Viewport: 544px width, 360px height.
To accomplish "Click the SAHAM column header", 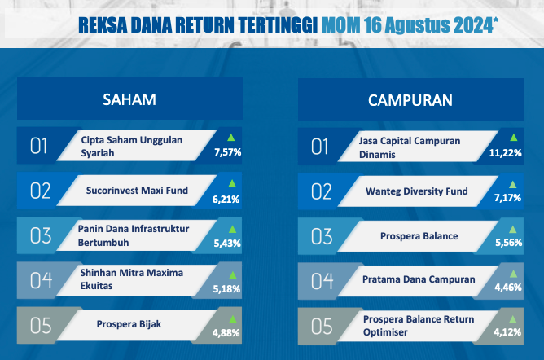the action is tap(129, 99).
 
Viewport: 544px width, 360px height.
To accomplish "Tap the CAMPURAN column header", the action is tap(410, 100).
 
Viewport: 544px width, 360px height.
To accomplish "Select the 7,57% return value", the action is tap(227, 152).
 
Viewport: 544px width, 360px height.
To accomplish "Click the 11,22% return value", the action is tap(505, 152).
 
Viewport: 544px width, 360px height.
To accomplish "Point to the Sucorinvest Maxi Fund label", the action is tap(137, 191).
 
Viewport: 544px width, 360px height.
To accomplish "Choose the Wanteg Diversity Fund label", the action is tap(417, 191).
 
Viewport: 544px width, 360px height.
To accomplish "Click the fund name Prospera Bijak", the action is tap(129, 324).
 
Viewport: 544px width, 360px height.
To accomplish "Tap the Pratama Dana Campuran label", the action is tap(419, 279).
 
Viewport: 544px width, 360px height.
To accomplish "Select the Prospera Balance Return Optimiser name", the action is tap(419, 325).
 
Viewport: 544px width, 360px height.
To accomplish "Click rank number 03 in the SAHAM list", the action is tap(41, 236).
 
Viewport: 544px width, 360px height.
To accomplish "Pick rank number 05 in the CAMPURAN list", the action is tap(322, 327).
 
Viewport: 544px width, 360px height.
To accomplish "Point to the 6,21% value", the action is tap(226, 199).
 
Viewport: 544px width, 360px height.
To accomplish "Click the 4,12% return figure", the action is tap(507, 332).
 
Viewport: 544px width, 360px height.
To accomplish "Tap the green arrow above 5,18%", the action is tap(233, 275).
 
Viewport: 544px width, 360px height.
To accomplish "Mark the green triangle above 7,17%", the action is tap(512, 184).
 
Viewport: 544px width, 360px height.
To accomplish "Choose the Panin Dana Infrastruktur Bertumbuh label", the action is tap(134, 235).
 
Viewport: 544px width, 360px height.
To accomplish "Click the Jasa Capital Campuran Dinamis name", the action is tap(410, 147).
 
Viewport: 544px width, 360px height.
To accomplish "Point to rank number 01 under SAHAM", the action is tap(38, 146).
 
